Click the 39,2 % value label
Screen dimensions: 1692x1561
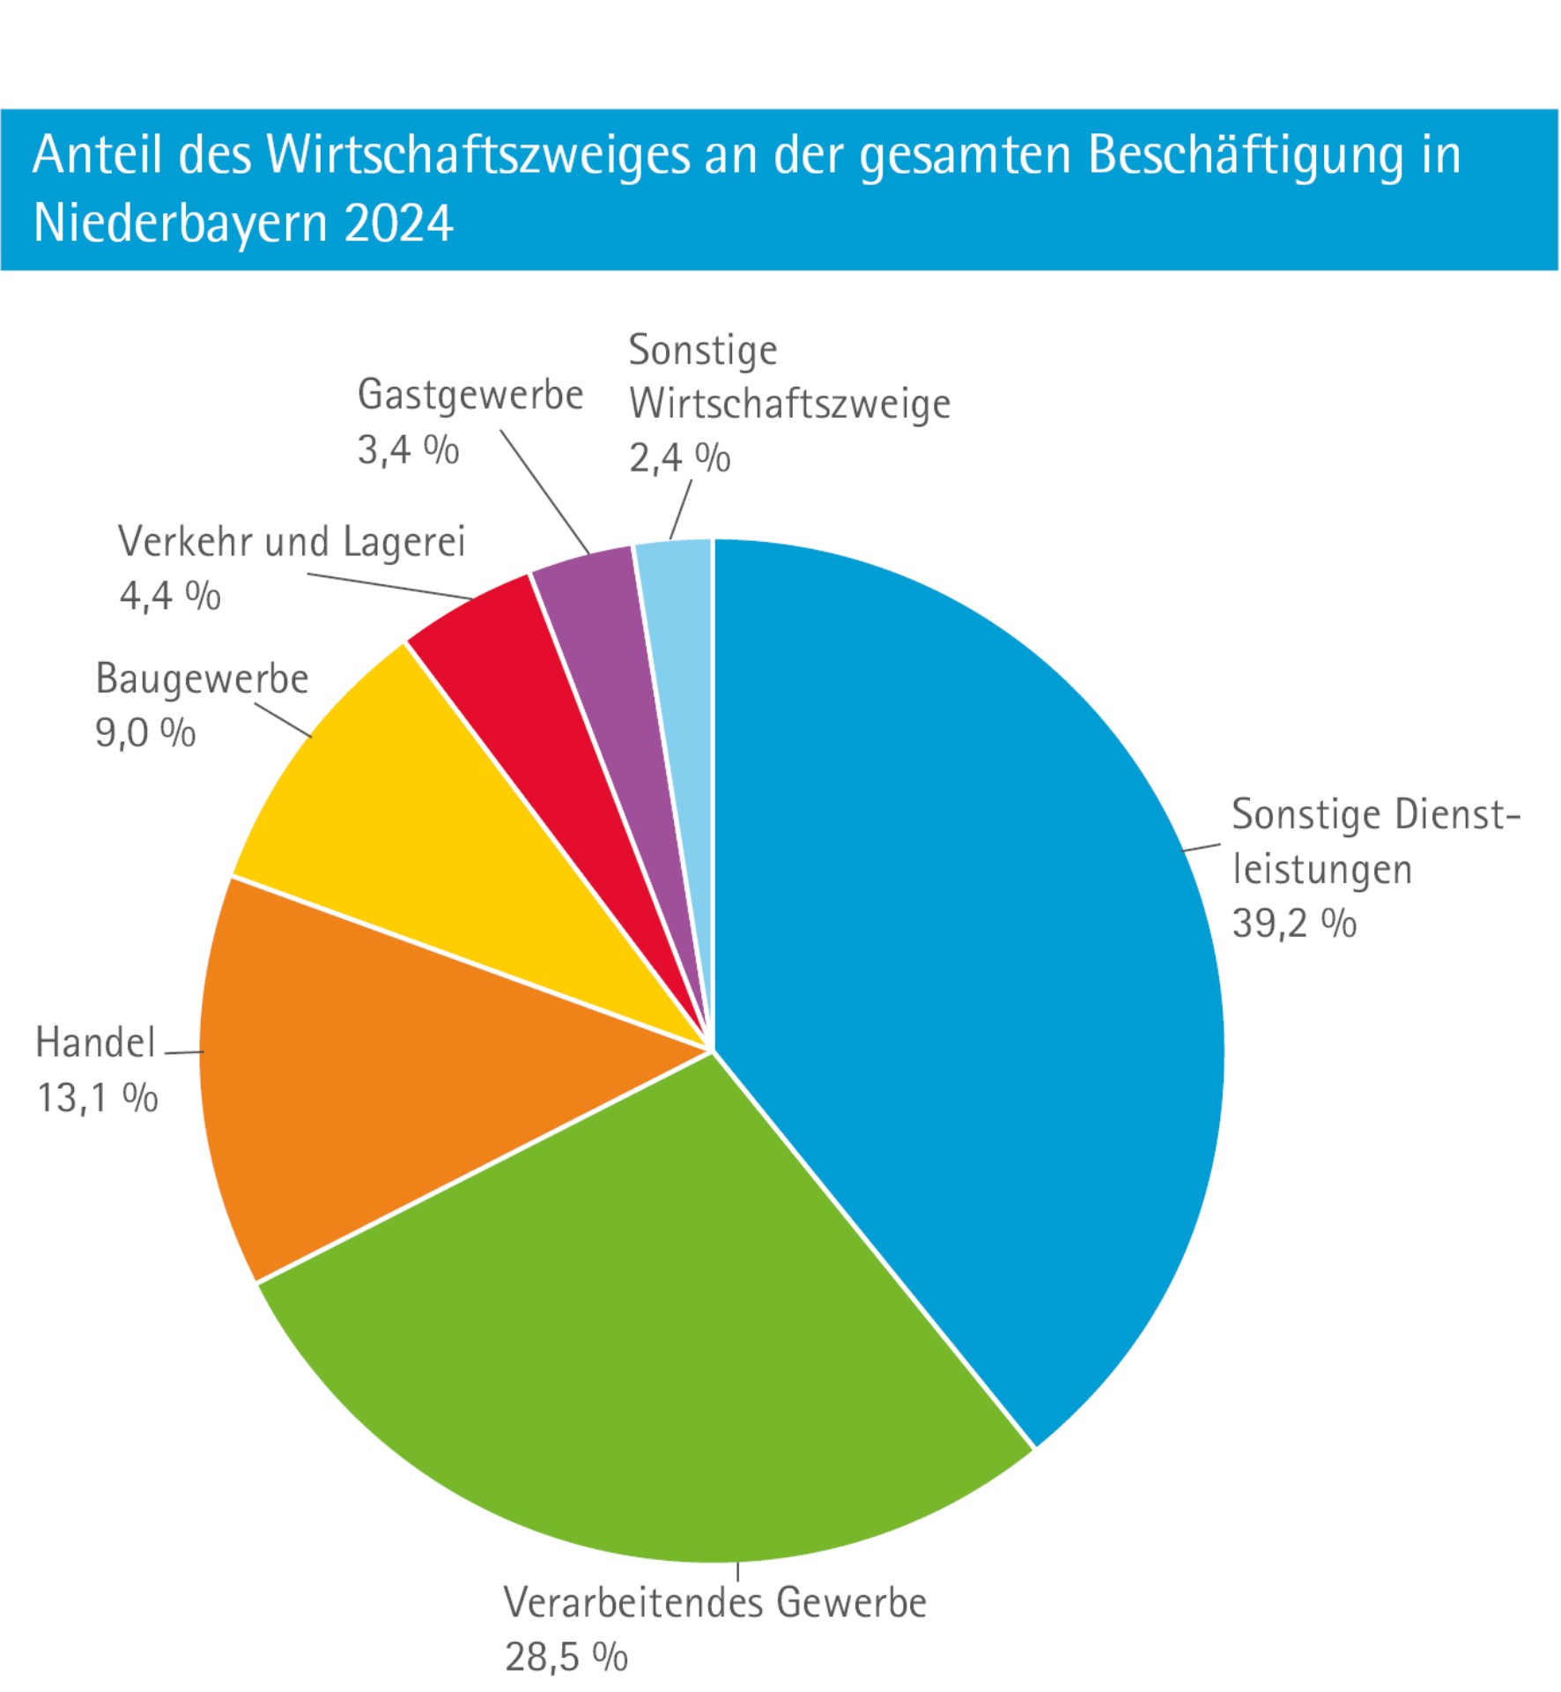coord(1293,924)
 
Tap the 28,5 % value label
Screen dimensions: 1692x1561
coord(566,1657)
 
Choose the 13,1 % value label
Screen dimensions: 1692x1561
coord(97,1098)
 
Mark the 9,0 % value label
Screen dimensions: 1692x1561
coord(145,732)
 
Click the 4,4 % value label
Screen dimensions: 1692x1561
coord(170,596)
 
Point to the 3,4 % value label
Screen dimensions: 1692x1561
coord(408,449)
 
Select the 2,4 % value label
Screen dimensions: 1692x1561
coord(679,457)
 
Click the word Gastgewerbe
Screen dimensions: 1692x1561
coord(470,395)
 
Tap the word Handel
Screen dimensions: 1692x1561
coord(95,1043)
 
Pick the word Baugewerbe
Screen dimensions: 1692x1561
coord(202,679)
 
